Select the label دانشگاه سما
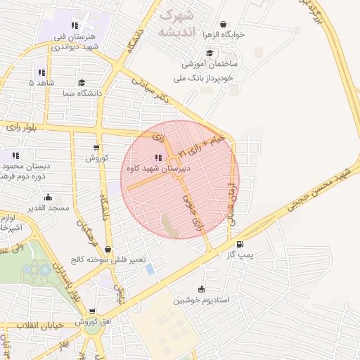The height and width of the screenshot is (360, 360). click(83, 93)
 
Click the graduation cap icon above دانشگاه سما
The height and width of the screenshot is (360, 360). click(83, 83)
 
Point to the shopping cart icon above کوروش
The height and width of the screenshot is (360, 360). click(96, 148)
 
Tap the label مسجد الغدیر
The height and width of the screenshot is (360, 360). click(48, 208)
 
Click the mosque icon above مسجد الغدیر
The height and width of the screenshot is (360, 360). click(48, 198)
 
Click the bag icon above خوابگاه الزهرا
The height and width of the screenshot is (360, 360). click(224, 24)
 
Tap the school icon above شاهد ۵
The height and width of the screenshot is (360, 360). click(41, 72)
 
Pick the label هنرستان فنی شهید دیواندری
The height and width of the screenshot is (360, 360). click(73, 41)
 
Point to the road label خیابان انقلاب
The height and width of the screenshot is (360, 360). click(39, 325)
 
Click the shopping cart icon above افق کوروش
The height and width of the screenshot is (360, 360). click(91, 311)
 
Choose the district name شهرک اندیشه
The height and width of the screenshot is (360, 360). click(176, 22)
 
